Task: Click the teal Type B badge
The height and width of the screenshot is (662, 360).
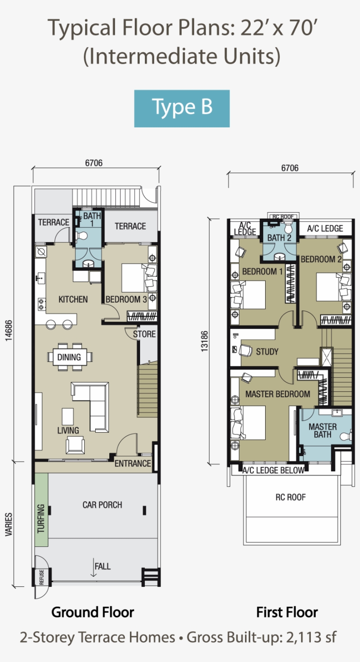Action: (182, 109)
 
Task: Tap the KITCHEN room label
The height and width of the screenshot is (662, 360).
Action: (73, 299)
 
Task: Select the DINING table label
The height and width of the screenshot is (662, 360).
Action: (69, 357)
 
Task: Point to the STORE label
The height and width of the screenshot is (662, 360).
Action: (144, 334)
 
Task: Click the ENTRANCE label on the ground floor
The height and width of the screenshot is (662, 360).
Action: (133, 463)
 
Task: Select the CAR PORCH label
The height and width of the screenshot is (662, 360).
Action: (102, 505)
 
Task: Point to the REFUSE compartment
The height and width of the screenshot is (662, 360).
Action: (42, 577)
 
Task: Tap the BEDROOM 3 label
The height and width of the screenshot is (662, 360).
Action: (126, 299)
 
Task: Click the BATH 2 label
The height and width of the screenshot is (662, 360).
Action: (279, 238)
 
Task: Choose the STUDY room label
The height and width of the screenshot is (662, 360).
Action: (267, 351)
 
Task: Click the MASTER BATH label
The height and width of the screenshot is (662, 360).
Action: (322, 430)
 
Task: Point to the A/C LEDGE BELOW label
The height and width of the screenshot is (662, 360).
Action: (274, 470)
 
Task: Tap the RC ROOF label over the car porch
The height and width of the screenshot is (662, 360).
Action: (290, 497)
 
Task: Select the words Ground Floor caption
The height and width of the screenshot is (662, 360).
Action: (93, 612)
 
